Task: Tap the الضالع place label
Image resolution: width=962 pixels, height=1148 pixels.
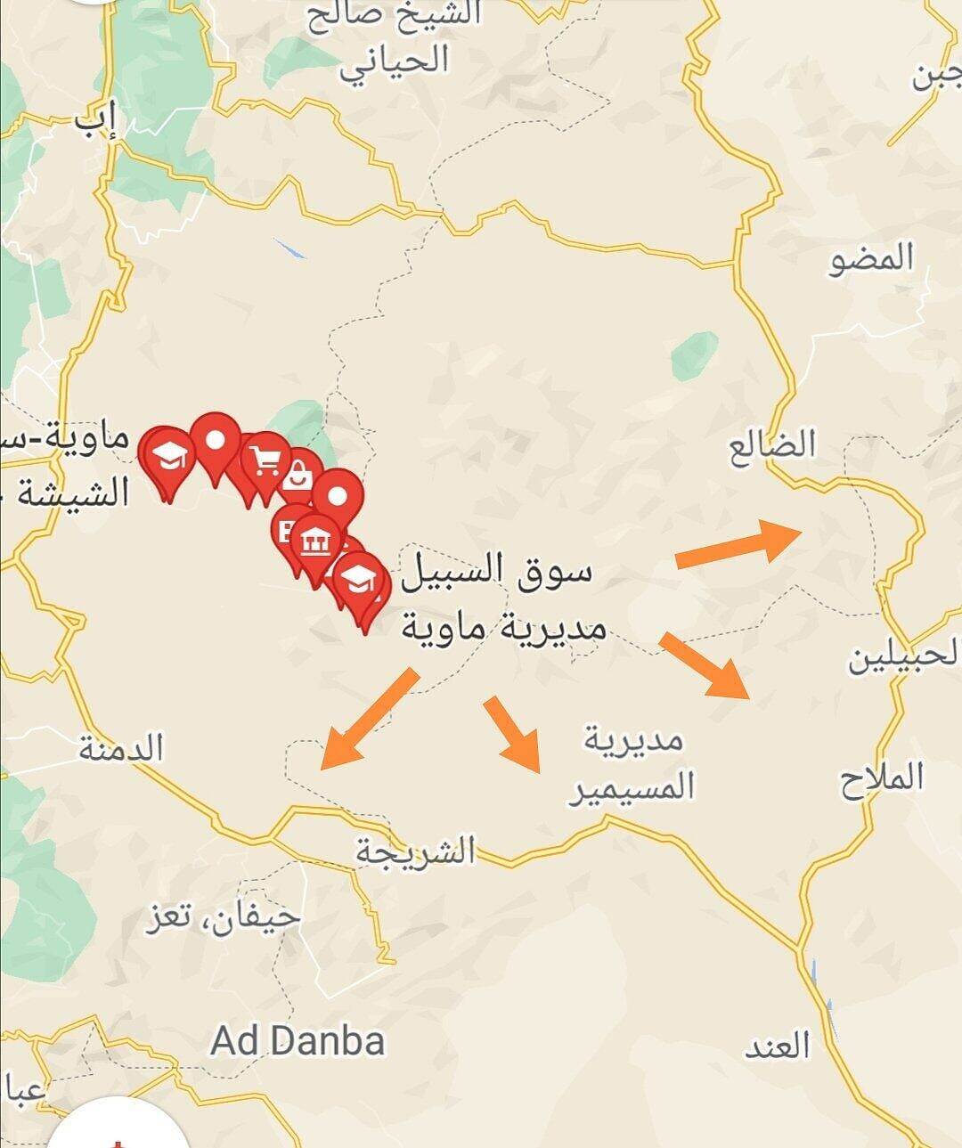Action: click(x=772, y=444)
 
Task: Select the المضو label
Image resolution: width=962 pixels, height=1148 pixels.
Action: click(x=871, y=259)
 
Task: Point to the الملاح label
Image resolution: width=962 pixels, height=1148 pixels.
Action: click(x=882, y=779)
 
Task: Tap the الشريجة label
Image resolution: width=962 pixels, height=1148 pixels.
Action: click(x=416, y=851)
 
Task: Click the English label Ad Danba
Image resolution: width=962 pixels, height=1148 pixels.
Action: click(x=298, y=1040)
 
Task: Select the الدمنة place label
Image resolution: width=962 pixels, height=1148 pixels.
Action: click(x=121, y=749)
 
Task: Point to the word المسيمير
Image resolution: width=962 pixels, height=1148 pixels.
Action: click(x=632, y=788)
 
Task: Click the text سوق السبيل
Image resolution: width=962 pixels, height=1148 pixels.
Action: click(x=496, y=570)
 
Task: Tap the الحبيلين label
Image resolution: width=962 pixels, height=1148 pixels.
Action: click(x=904, y=658)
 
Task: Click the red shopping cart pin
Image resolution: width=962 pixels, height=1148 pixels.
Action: click(x=265, y=460)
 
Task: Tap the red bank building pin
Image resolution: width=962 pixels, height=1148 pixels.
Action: click(x=315, y=539)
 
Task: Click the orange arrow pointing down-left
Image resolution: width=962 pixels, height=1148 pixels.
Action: click(x=368, y=718)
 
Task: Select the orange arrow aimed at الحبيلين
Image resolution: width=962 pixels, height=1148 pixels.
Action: click(x=704, y=665)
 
